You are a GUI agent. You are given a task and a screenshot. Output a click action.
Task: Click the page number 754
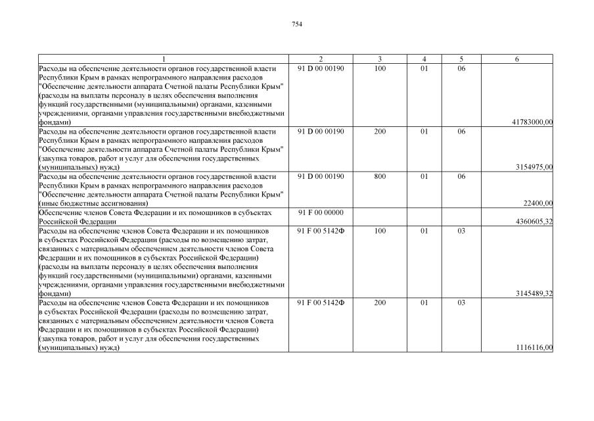point(296,24)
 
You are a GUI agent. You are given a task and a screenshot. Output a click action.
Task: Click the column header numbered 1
point(164,59)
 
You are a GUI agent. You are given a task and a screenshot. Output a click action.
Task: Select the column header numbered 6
point(517,59)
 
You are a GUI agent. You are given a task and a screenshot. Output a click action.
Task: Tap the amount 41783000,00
point(531,122)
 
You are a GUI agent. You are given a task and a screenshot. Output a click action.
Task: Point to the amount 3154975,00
point(534,167)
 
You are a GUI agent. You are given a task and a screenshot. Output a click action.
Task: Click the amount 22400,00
point(537,203)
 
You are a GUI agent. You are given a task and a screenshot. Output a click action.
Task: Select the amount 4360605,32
point(534,221)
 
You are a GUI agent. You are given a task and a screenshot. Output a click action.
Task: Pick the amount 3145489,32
point(534,293)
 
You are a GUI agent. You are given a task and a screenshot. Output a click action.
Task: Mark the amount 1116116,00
point(534,347)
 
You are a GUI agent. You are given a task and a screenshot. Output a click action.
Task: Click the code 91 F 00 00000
point(321,212)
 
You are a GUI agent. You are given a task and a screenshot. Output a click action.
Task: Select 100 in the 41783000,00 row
point(380,68)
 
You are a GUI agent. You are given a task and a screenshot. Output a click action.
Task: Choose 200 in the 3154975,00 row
point(380,132)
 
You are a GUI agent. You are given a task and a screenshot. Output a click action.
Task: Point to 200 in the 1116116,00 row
point(380,303)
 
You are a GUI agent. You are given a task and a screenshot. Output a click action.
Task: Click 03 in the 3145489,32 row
point(461,230)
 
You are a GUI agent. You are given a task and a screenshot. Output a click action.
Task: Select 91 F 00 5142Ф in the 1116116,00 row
point(321,303)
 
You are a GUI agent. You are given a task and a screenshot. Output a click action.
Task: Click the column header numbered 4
point(424,59)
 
